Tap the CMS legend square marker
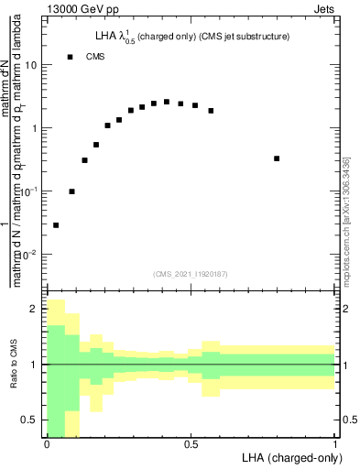pos(71,57)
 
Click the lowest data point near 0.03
pos(56,224)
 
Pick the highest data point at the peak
pos(166,103)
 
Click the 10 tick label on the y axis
pos(32,66)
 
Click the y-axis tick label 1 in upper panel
pos(35,129)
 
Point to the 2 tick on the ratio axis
pos(35,310)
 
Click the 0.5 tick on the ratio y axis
pos(30,420)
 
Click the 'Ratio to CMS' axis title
pos(12,365)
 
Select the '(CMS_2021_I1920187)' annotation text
pos(191,274)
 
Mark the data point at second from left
pos(71,191)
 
